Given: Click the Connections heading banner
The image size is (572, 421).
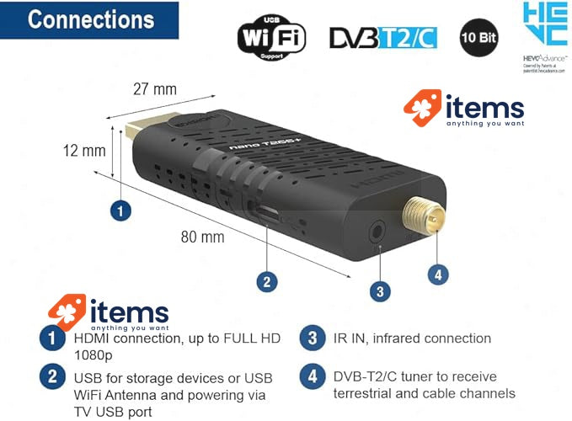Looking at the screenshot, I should [90, 20].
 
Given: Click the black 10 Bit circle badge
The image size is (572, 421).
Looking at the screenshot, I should [477, 38].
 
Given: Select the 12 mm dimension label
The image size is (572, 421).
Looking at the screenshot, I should [85, 150].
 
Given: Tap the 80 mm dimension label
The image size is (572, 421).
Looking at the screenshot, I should [202, 237].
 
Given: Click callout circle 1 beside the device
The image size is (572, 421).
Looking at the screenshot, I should [122, 210].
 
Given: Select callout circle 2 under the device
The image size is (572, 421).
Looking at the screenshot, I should [266, 281].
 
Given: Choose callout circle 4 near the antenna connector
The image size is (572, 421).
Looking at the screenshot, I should [437, 273].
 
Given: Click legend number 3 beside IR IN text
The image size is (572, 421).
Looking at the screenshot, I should [313, 339].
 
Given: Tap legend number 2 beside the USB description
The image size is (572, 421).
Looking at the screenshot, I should [53, 376].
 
